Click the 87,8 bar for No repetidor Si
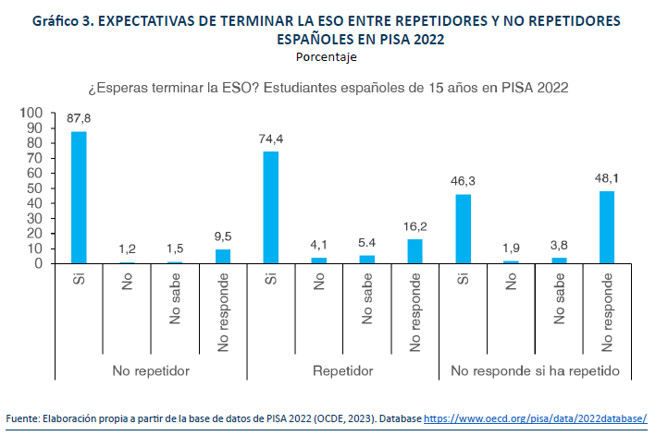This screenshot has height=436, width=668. tap(79, 198)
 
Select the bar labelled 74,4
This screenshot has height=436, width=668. tap(270, 208)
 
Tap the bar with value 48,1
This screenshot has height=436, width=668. tap(606, 227)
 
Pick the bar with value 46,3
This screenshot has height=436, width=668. tap(463, 229)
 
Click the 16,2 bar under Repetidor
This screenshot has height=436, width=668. tap(414, 251)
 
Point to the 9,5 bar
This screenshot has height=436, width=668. tap(223, 256)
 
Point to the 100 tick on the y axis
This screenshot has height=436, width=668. tap(32, 113)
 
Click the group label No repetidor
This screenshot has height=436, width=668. tap(151, 370)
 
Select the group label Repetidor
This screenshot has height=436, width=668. tap(342, 370)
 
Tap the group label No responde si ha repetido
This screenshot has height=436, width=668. tap(535, 370)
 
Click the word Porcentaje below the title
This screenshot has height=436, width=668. tap(327, 56)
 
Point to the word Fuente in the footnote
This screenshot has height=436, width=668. tap(25, 416)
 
